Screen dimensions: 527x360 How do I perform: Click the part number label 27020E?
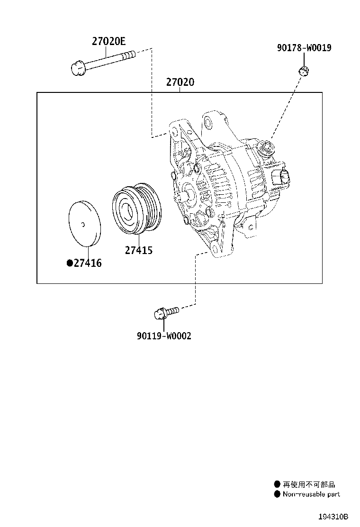108,41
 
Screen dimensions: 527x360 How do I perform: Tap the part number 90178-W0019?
304,48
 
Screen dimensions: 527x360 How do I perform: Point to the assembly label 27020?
180,82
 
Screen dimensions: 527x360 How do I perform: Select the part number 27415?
138,250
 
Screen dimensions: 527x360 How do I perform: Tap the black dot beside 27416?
69,263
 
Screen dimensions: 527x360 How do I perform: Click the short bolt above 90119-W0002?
165,312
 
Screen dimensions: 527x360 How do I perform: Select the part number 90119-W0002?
164,336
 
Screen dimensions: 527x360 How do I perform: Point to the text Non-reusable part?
311,494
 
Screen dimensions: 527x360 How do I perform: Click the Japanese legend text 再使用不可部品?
308,484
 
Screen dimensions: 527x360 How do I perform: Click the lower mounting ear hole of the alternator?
216,249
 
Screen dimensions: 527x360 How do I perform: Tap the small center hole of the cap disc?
83,224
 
